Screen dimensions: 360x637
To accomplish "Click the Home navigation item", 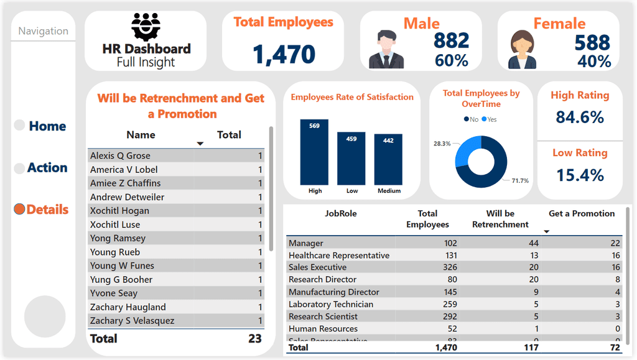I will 47,126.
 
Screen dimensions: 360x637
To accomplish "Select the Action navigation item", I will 47,168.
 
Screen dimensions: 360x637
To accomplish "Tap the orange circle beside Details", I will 19,210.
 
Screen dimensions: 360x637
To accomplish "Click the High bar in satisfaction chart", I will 314,152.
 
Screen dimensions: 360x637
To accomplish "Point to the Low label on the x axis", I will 351,191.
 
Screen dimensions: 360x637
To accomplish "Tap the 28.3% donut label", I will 442,144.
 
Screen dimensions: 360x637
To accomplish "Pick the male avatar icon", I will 386,49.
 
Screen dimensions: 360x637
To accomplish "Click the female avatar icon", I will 523,50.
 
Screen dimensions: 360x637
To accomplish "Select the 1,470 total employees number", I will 284,55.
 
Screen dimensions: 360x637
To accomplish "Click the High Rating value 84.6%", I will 580,117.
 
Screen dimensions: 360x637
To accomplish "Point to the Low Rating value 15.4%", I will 580,175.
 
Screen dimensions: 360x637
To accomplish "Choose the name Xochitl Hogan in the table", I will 119,211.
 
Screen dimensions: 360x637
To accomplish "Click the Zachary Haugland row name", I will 128,307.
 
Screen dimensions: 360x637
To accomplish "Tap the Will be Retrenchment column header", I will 500,219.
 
